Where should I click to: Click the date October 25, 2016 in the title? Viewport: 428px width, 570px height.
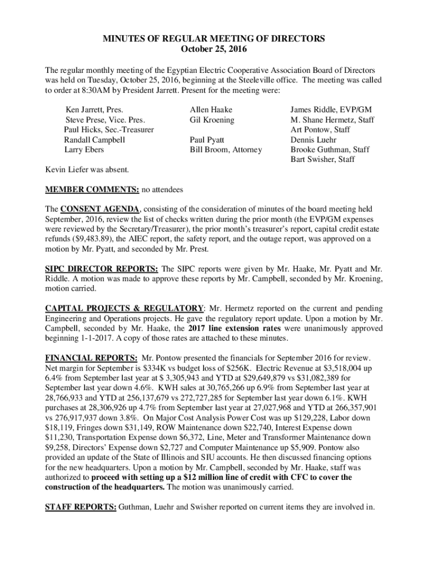coord(214,49)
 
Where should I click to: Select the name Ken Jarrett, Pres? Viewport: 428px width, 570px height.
coord(94,110)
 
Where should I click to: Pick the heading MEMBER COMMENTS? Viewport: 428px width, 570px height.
coord(92,190)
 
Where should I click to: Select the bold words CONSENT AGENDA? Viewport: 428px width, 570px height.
coord(100,209)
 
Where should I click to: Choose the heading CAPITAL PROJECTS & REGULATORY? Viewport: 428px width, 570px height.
coord(124,308)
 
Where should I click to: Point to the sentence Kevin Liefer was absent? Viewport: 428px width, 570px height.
coord(87,169)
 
